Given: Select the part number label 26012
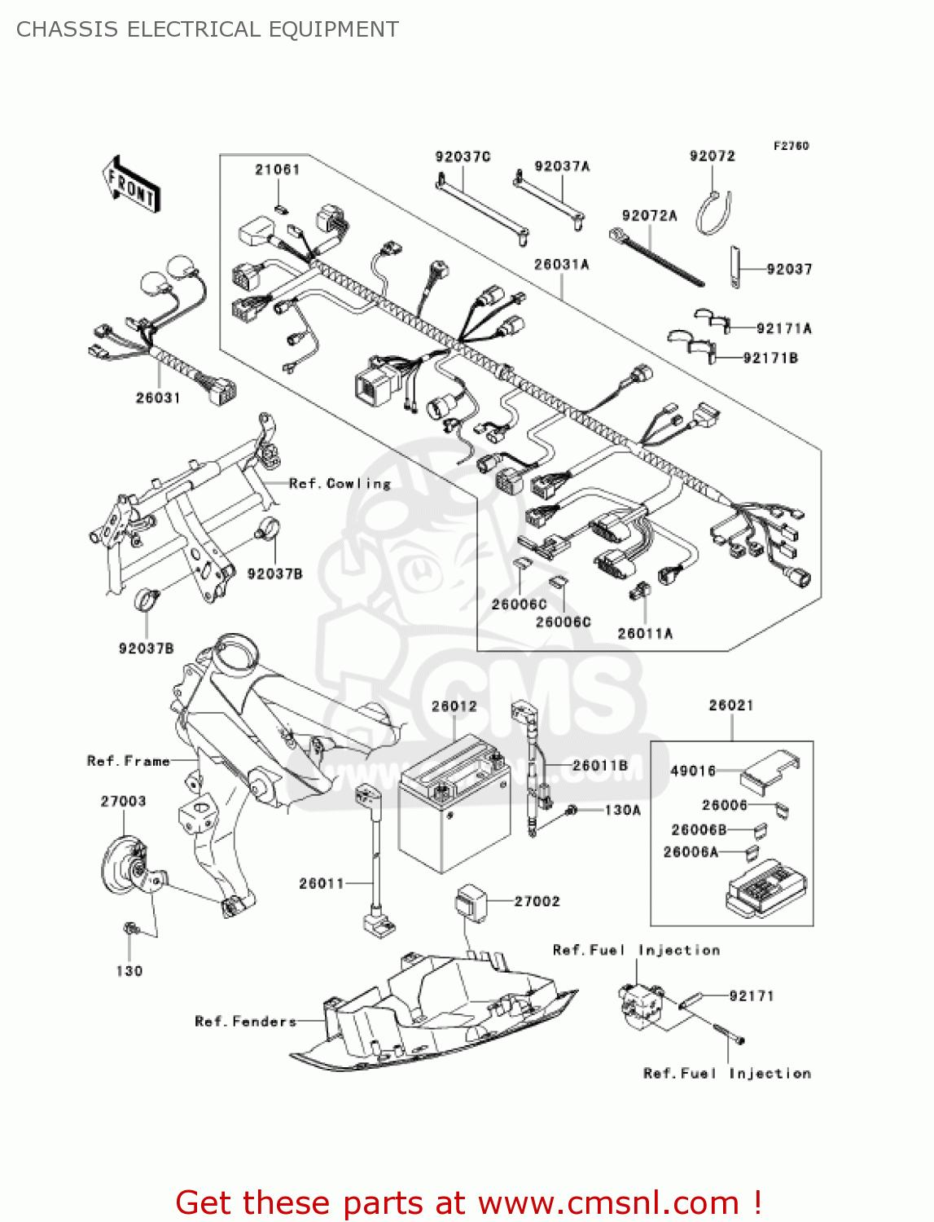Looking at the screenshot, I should pyautogui.click(x=454, y=706).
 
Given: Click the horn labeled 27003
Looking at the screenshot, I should pyautogui.click(x=126, y=866).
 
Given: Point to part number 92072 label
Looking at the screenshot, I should pyautogui.click(x=712, y=156).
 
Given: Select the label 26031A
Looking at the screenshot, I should pyautogui.click(x=561, y=265).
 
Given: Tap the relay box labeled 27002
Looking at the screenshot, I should pyautogui.click(x=470, y=903).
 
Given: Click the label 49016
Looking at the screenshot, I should pyautogui.click(x=692, y=771).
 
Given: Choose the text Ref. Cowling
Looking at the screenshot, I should pyautogui.click(x=340, y=484).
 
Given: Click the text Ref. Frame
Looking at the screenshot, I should pyautogui.click(x=129, y=761).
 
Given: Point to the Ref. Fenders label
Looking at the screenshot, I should pyautogui.click(x=245, y=1022).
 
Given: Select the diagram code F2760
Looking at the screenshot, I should pyautogui.click(x=791, y=146).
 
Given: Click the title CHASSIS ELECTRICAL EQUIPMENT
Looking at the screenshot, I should pyautogui.click(x=208, y=29).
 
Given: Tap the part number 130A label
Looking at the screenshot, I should pyautogui.click(x=623, y=810).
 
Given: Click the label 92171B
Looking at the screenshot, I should pyautogui.click(x=770, y=358).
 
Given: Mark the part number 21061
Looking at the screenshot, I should pyautogui.click(x=278, y=169).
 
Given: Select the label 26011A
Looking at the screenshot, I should pyautogui.click(x=645, y=633).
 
